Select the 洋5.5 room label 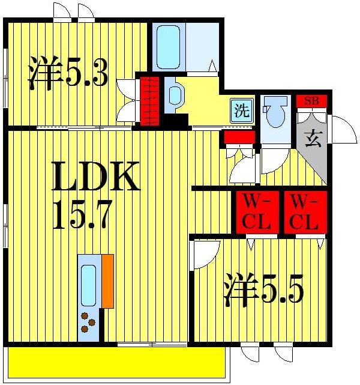[263, 291]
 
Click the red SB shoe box [311, 101]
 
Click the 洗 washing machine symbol [241, 111]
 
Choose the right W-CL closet [304, 213]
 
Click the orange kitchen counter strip [107, 281]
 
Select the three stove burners [88, 323]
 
